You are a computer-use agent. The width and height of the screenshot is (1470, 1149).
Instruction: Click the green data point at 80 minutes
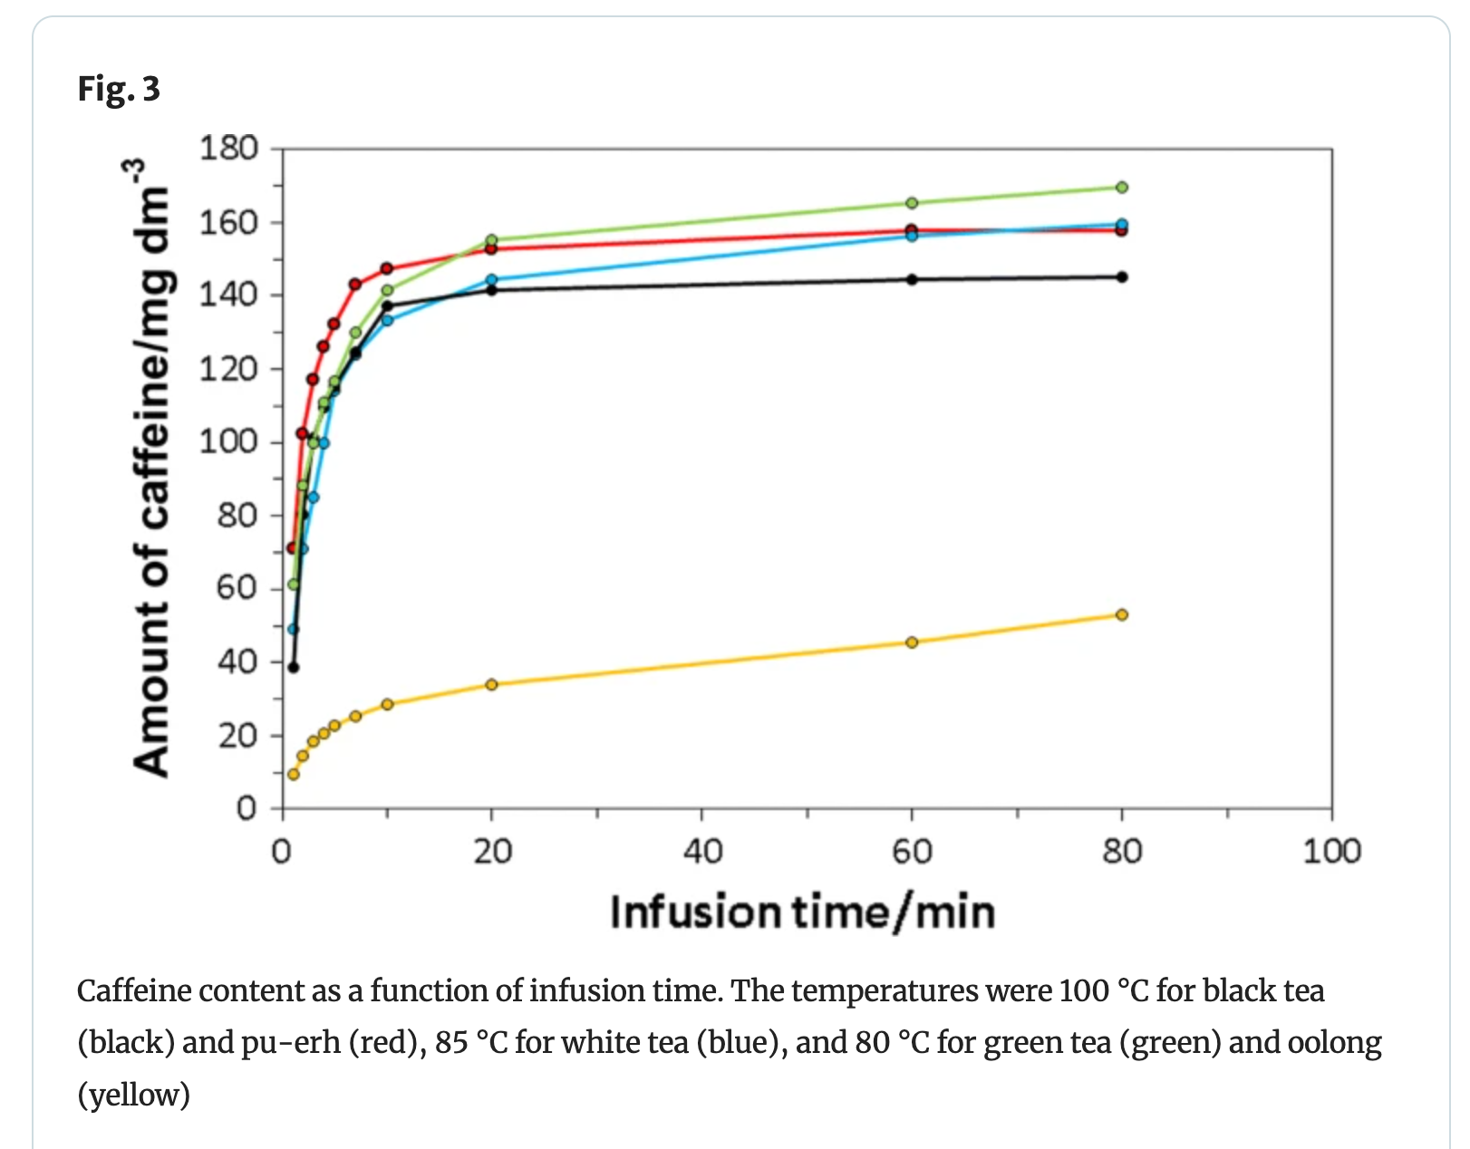pos(1121,188)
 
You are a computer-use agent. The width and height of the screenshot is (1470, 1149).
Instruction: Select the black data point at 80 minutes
pos(1121,277)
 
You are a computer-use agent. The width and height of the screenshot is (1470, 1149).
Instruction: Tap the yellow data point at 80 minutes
pos(1121,615)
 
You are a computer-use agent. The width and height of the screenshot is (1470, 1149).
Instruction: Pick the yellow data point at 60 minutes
pos(912,642)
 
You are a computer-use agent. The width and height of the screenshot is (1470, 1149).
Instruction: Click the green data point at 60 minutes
pos(912,203)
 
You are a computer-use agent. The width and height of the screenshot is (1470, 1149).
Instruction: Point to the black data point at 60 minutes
pos(912,279)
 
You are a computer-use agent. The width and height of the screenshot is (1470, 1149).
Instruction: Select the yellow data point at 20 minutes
pos(492,684)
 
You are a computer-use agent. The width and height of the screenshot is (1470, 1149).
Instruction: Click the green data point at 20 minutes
pos(492,240)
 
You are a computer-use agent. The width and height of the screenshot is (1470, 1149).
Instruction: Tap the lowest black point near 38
pos(293,668)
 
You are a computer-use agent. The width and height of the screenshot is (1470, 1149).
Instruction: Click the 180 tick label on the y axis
pos(228,149)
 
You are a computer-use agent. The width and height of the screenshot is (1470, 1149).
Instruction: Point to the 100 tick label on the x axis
pos(1330,852)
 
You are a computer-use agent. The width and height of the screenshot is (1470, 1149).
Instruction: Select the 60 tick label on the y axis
pos(237,588)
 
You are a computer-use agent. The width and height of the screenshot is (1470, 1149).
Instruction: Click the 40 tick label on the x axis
pos(702,852)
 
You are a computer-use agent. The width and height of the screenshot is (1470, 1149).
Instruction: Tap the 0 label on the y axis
pos(247,807)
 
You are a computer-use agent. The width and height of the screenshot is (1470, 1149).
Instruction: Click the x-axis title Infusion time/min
pos(802,912)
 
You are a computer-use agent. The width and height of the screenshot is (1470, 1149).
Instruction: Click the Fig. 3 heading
pos(119,89)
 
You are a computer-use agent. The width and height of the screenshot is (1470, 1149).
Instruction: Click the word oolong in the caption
pos(1334,1043)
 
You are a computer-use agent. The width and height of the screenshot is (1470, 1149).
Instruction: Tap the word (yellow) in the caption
pos(133,1095)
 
